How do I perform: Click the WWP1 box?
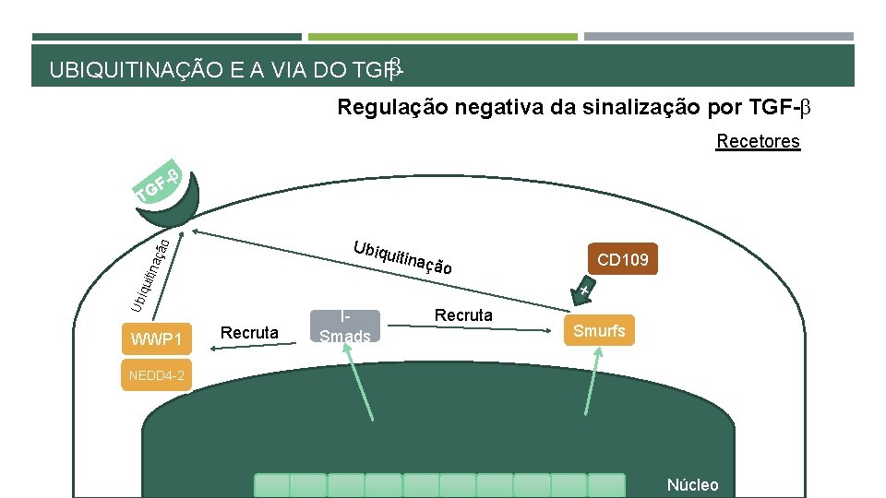point(157,338)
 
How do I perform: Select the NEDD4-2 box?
point(156,375)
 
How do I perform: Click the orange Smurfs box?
point(600,330)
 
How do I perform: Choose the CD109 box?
point(623,260)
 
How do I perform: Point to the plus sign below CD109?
point(585,291)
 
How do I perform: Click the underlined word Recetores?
point(758,141)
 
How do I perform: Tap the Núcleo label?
point(691,485)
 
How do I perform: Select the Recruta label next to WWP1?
point(250,332)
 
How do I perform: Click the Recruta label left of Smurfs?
point(463,315)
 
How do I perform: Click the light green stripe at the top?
point(442,37)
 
